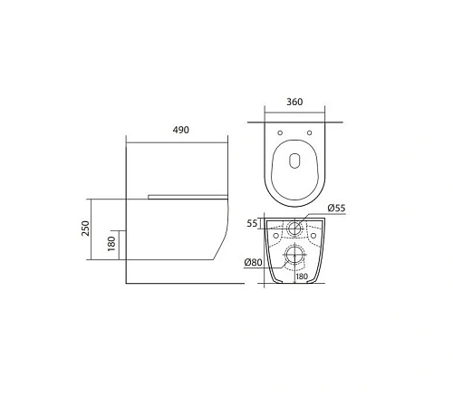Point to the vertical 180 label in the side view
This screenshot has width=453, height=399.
(x=111, y=244)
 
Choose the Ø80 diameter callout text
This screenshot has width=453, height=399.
(x=253, y=263)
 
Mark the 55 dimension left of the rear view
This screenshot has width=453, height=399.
(x=252, y=222)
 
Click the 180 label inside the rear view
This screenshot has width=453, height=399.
(x=301, y=277)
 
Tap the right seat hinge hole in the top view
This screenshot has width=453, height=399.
(x=311, y=134)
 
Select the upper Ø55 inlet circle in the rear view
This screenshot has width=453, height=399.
(x=295, y=228)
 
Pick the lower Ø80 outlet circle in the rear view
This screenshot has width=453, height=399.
(x=295, y=255)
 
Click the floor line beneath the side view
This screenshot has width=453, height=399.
(x=181, y=283)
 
